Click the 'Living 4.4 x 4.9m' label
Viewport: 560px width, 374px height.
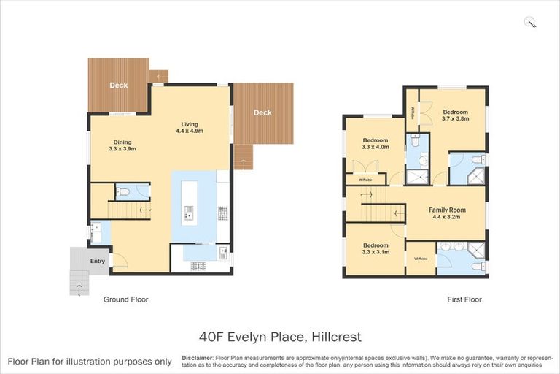pos(190,127)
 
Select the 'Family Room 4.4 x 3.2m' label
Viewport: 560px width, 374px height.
pos(448,213)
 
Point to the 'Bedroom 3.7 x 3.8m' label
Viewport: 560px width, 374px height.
pos(456,115)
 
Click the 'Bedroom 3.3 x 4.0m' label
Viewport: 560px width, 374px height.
pos(376,142)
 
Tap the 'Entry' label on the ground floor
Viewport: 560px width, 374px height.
pos(97,261)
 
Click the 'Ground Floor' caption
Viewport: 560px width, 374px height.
pos(125,299)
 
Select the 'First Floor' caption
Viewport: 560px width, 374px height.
pos(464,299)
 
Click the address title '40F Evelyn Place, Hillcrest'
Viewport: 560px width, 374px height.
pos(280,337)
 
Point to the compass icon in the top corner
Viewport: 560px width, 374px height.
pos(530,23)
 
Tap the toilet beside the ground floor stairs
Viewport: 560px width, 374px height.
pos(125,193)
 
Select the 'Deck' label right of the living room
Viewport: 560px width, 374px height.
pos(262,112)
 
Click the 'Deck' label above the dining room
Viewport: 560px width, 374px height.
pos(118,85)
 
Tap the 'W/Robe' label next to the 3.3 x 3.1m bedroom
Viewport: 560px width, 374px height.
pos(420,259)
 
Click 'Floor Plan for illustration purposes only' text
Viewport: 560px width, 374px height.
pos(90,362)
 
